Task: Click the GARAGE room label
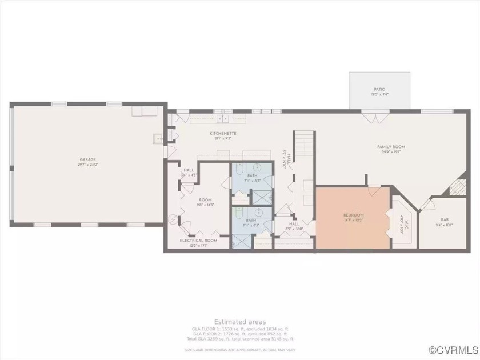(x=87, y=159)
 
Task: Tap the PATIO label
(x=379, y=90)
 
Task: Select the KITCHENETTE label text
(x=223, y=133)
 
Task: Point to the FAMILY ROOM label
(x=391, y=147)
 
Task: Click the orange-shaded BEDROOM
(x=354, y=218)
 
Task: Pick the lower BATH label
(x=251, y=219)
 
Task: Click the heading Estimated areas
(x=239, y=322)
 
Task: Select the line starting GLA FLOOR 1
(x=239, y=329)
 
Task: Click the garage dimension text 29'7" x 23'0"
(x=87, y=164)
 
